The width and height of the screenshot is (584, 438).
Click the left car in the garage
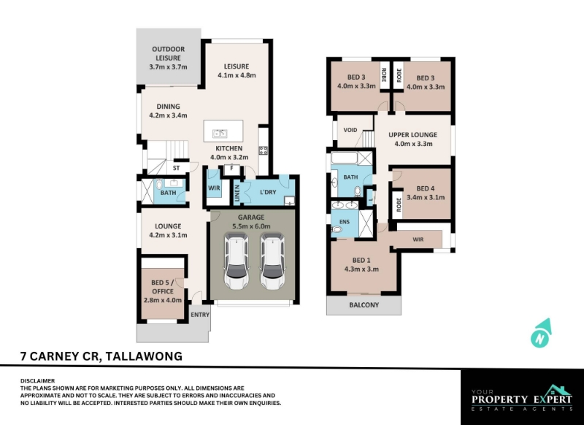236,261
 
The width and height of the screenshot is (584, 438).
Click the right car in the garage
272,261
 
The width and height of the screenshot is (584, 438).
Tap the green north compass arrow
541,334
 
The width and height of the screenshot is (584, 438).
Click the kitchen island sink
220,133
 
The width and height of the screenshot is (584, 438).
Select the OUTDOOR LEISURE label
169,53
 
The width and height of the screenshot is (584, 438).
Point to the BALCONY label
364,304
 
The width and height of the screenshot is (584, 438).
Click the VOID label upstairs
350,130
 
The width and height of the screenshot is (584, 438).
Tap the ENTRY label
200,315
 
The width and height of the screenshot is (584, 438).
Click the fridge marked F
231,169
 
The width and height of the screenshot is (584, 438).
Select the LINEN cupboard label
237,192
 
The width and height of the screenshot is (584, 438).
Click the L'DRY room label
268,192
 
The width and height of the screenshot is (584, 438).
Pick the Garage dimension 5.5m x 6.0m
251,226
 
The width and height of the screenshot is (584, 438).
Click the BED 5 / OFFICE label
163,287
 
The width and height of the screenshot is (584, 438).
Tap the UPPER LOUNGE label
412,135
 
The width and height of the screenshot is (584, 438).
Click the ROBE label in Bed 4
399,205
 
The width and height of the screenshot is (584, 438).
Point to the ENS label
345,222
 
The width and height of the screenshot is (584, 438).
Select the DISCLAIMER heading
38,380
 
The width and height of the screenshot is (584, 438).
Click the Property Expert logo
522,398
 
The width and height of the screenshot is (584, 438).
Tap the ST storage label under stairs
176,168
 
